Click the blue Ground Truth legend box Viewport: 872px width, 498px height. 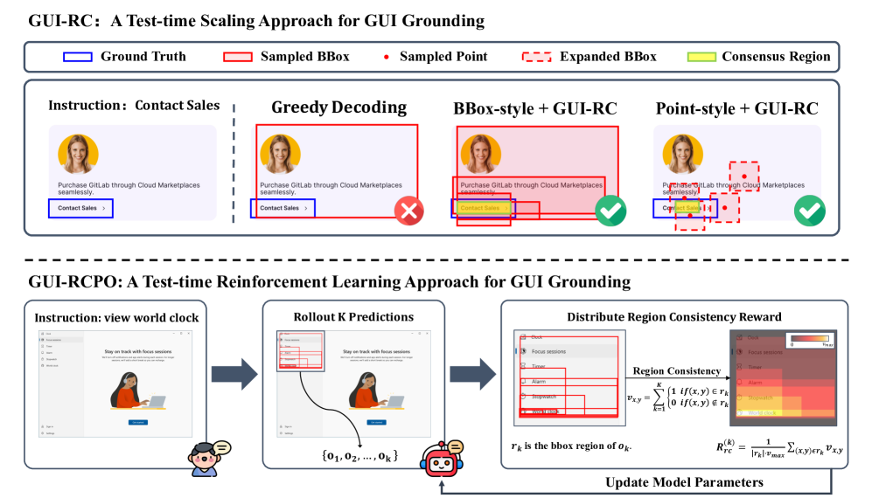tap(79, 57)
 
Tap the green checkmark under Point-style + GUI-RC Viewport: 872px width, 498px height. tap(809, 211)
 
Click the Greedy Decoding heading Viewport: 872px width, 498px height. tap(338, 108)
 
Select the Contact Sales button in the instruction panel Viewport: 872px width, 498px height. tap(81, 208)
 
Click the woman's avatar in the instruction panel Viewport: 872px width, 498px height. tap(76, 153)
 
